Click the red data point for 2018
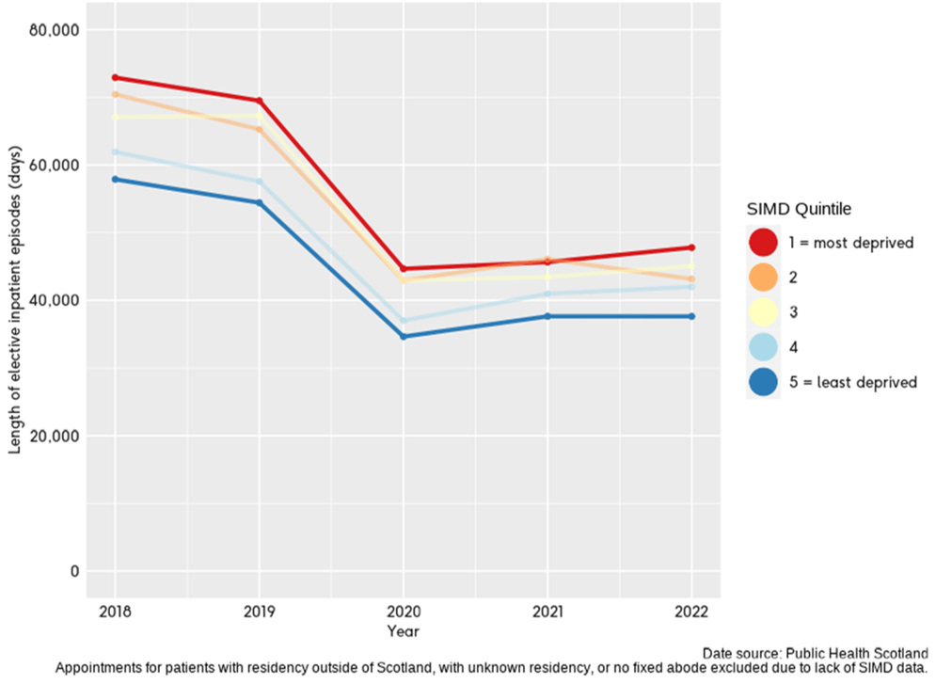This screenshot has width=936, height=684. pyautogui.click(x=115, y=77)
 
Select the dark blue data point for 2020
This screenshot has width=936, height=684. pyautogui.click(x=404, y=336)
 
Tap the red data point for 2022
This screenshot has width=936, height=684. pyautogui.click(x=691, y=247)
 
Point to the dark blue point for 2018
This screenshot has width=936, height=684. pyautogui.click(x=115, y=179)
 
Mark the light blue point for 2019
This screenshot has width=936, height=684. pyautogui.click(x=259, y=182)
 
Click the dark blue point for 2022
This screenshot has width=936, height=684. pyautogui.click(x=691, y=316)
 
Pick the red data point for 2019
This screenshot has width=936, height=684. pyautogui.click(x=259, y=101)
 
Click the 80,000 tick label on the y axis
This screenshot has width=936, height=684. pyautogui.click(x=55, y=30)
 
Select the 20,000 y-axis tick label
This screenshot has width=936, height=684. pyautogui.click(x=55, y=437)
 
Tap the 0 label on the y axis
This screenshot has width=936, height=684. pyautogui.click(x=72, y=572)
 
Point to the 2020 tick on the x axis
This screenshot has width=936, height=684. pyautogui.click(x=404, y=611)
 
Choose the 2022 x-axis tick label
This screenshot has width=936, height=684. pyautogui.click(x=691, y=611)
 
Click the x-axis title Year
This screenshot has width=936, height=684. pyautogui.click(x=404, y=630)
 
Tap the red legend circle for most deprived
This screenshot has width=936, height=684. pyautogui.click(x=763, y=243)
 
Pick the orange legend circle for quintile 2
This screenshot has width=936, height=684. pyautogui.click(x=763, y=278)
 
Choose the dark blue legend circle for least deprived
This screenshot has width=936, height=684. pyautogui.click(x=763, y=382)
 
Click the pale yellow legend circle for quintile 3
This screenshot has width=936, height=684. pyautogui.click(x=763, y=312)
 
